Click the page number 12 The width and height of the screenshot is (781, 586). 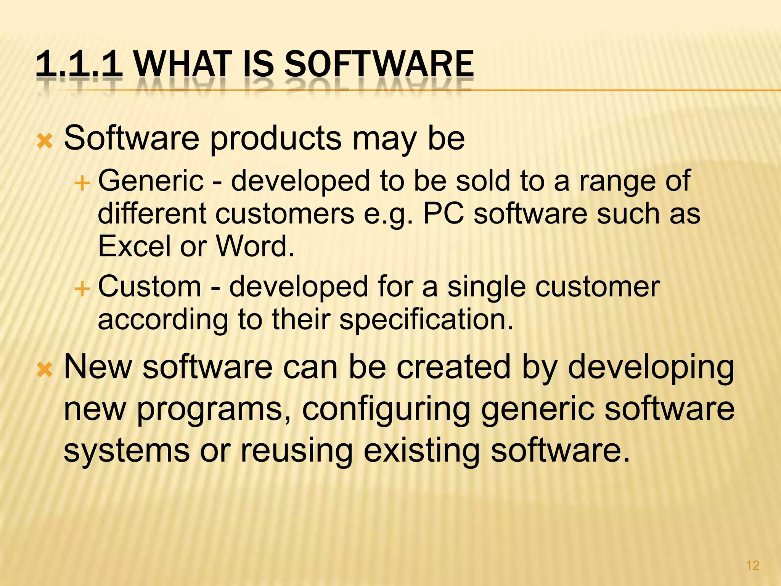pyautogui.click(x=752, y=565)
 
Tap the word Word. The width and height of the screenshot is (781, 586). pyautogui.click(x=255, y=246)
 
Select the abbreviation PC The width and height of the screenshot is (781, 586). pyautogui.click(x=444, y=214)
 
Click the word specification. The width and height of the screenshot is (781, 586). pyautogui.click(x=426, y=319)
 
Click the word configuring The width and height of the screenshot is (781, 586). pyautogui.click(x=386, y=409)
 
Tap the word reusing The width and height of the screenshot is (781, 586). pyautogui.click(x=296, y=451)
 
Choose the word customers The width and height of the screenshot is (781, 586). pyautogui.click(x=285, y=214)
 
